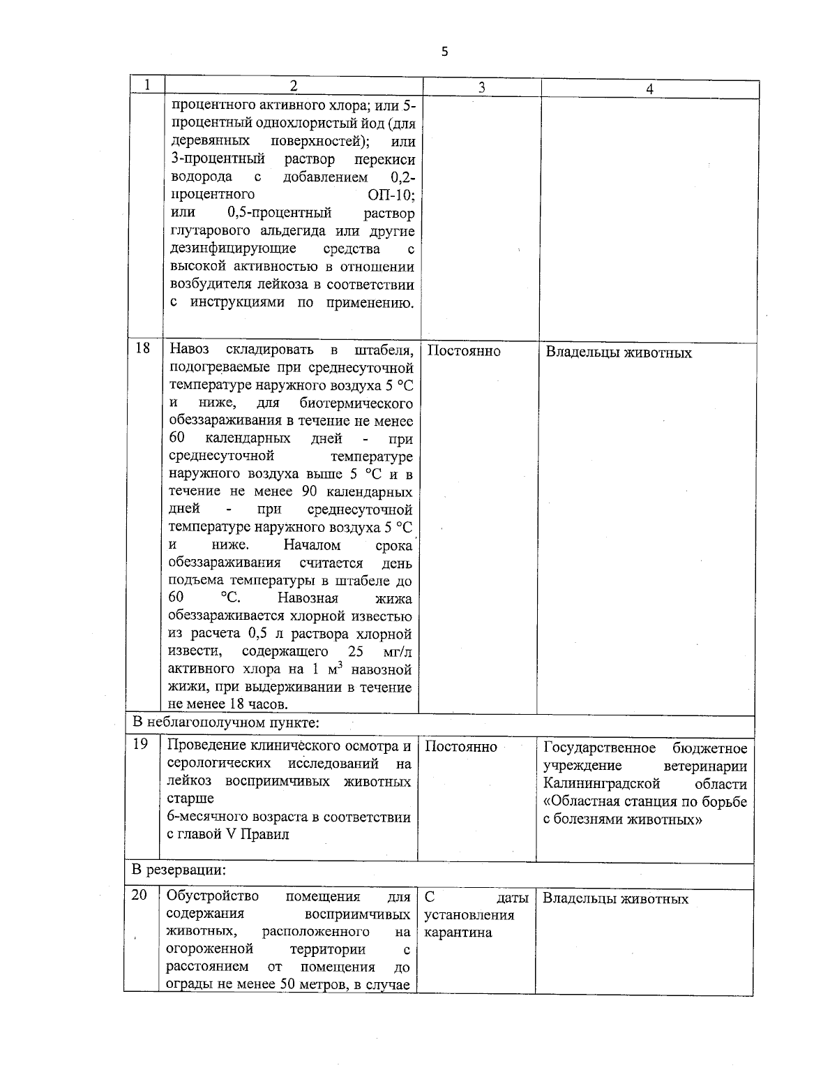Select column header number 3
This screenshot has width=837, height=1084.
point(481,88)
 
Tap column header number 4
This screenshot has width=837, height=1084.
point(649,89)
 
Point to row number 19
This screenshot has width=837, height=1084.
point(140,744)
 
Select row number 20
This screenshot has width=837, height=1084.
point(139,895)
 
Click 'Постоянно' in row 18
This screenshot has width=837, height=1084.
point(463,351)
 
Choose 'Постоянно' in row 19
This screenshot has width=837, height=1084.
point(461,747)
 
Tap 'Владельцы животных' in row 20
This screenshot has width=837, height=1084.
point(615,899)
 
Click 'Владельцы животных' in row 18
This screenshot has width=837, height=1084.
point(618,352)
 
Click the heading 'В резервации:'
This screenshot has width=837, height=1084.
point(179,870)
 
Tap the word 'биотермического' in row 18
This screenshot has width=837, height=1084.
point(356,403)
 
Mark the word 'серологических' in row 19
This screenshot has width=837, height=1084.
point(221,764)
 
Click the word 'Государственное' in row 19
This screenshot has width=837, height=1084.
point(599,748)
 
